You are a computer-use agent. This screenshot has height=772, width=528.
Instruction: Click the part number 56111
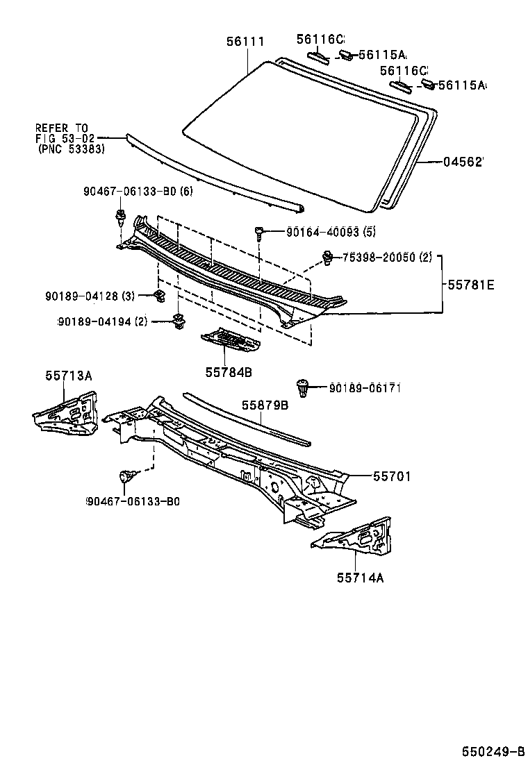245,42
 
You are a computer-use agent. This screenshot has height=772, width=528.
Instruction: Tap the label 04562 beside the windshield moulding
463,162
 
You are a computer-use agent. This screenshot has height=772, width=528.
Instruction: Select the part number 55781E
470,284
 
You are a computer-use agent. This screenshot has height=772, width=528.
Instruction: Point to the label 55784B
228,372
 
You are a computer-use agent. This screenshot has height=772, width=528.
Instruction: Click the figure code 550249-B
493,751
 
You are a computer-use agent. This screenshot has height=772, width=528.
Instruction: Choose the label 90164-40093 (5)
331,231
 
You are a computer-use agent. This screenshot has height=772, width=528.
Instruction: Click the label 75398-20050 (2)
387,257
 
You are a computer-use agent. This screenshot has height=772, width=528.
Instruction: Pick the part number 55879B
265,405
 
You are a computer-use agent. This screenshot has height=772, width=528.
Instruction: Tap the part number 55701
392,476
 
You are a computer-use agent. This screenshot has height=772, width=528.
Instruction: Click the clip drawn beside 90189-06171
302,388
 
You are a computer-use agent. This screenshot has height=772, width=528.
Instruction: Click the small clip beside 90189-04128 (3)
158,297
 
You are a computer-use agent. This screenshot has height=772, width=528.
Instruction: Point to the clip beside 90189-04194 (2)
179,321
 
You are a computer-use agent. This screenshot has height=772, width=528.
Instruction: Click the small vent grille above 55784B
228,339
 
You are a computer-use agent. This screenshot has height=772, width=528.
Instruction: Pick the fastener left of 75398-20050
327,258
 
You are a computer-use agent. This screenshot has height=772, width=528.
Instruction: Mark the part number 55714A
361,576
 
